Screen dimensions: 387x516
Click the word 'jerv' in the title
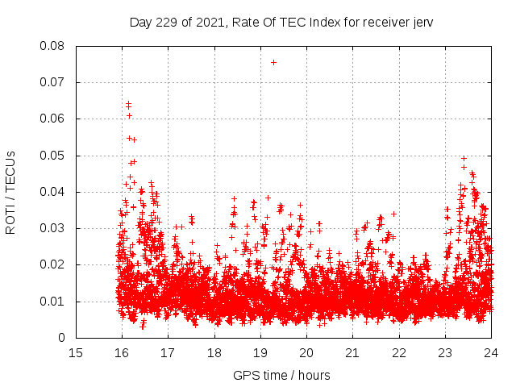422,23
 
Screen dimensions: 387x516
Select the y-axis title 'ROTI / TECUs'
10,192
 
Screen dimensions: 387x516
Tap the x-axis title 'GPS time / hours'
282,375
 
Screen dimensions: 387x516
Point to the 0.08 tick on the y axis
52,46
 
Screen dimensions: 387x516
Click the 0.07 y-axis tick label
52,82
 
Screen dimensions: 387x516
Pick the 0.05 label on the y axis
52,156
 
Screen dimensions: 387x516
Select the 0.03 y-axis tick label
52,228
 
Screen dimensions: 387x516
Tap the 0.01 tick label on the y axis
52,302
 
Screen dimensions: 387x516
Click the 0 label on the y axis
62,338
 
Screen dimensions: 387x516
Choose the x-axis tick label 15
76,352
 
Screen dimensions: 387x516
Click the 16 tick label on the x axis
122,352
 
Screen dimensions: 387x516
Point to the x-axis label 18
214,352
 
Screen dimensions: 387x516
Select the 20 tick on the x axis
306,352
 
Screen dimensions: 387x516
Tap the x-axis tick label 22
399,352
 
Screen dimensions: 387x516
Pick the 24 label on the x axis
491,352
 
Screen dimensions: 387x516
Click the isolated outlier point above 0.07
273,62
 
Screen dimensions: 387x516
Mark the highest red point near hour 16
128,103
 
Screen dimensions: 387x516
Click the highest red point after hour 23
464,159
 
